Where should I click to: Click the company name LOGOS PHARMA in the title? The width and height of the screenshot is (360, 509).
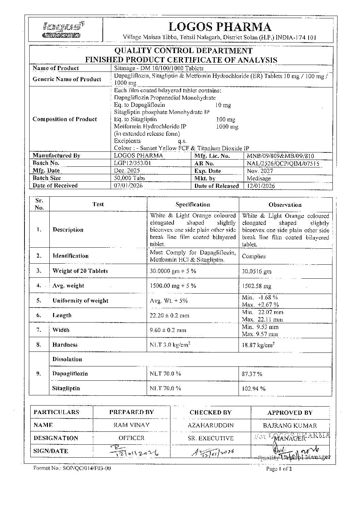pyautogui.click(x=220, y=27)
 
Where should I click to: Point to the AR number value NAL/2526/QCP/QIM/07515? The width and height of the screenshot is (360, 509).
pyautogui.click(x=283, y=164)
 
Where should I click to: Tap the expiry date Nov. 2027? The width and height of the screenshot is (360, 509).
pyautogui.click(x=260, y=171)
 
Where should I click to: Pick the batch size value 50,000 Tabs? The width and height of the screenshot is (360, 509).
pyautogui.click(x=129, y=178)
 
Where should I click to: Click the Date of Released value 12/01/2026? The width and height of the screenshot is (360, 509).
pyautogui.click(x=261, y=186)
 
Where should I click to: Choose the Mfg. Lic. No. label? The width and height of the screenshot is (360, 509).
pyautogui.click(x=212, y=156)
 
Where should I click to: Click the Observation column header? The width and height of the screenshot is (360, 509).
pyautogui.click(x=285, y=205)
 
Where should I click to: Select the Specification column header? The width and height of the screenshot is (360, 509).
pyautogui.click(x=193, y=204)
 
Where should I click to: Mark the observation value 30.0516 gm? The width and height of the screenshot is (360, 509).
pyautogui.click(x=257, y=272)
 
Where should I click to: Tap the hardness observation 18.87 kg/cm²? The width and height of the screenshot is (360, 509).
pyautogui.click(x=258, y=345)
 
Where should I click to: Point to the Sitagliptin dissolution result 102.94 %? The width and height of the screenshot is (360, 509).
pyautogui.click(x=253, y=389)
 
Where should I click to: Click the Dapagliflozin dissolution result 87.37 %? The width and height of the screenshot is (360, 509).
pyautogui.click(x=252, y=374)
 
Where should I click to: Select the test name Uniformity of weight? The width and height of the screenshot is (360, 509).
pyautogui.click(x=80, y=301)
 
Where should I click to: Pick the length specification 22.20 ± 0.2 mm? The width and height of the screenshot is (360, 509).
pyautogui.click(x=169, y=315)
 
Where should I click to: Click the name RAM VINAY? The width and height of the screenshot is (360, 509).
pyautogui.click(x=131, y=425)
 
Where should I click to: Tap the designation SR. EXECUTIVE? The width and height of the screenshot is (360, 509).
pyautogui.click(x=210, y=438)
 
